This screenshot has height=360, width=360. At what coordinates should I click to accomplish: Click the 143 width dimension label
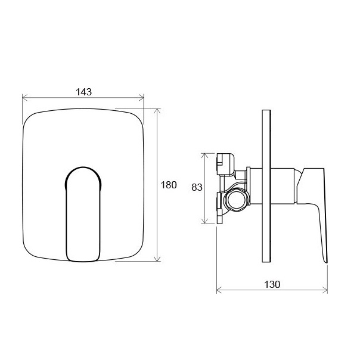pos(84,92)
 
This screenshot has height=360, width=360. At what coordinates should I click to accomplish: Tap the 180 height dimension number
pos(169,185)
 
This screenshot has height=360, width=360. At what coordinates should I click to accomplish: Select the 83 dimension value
pos(197,187)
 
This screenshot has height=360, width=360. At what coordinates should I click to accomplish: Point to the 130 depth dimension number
pos(272,284)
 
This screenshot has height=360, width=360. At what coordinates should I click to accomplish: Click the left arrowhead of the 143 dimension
pos(25,97)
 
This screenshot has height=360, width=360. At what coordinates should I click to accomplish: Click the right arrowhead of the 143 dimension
pos(141,97)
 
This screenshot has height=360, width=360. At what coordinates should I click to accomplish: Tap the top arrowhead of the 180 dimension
pos(157,111)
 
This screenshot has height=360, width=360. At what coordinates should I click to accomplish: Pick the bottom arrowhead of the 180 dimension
pos(157,259)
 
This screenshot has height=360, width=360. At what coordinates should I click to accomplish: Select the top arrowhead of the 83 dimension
pos(204,156)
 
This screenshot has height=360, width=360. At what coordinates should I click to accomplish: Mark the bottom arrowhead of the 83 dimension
pos(204,221)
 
